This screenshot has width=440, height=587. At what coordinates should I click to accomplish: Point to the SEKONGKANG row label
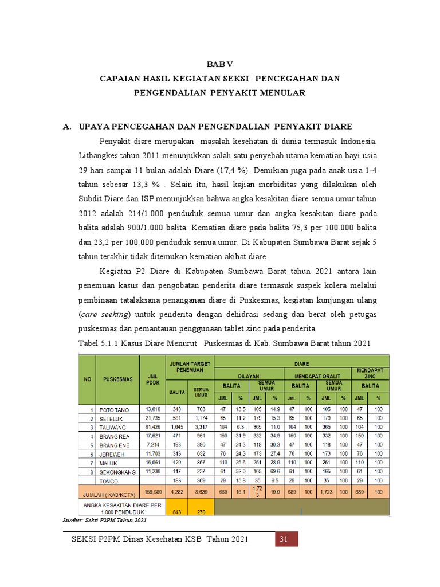click(x=117, y=472)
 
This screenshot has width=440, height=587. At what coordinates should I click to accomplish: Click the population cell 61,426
click(x=152, y=427)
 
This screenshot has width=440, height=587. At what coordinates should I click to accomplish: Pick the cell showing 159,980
click(x=152, y=492)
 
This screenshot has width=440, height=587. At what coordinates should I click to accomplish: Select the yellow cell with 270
click(x=201, y=512)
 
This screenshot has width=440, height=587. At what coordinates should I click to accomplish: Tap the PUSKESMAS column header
click(x=118, y=379)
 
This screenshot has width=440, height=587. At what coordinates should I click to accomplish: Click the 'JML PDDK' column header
click(x=152, y=379)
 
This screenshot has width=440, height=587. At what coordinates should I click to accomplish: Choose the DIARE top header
click(x=301, y=362)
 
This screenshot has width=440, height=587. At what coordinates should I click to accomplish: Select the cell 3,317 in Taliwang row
click(x=201, y=427)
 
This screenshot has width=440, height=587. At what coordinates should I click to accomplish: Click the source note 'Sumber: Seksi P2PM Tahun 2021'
click(x=104, y=520)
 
